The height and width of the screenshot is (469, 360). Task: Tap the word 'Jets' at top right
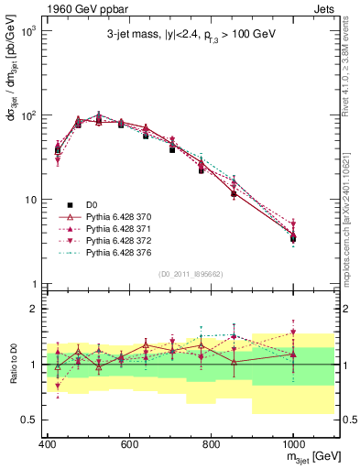coord(324,7)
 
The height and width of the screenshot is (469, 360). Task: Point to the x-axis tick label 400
coord(49,444)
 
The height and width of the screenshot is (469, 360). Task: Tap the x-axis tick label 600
coord(130,444)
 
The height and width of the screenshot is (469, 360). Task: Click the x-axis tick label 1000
coord(292,444)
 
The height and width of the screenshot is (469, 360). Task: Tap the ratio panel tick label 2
coord(38,310)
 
